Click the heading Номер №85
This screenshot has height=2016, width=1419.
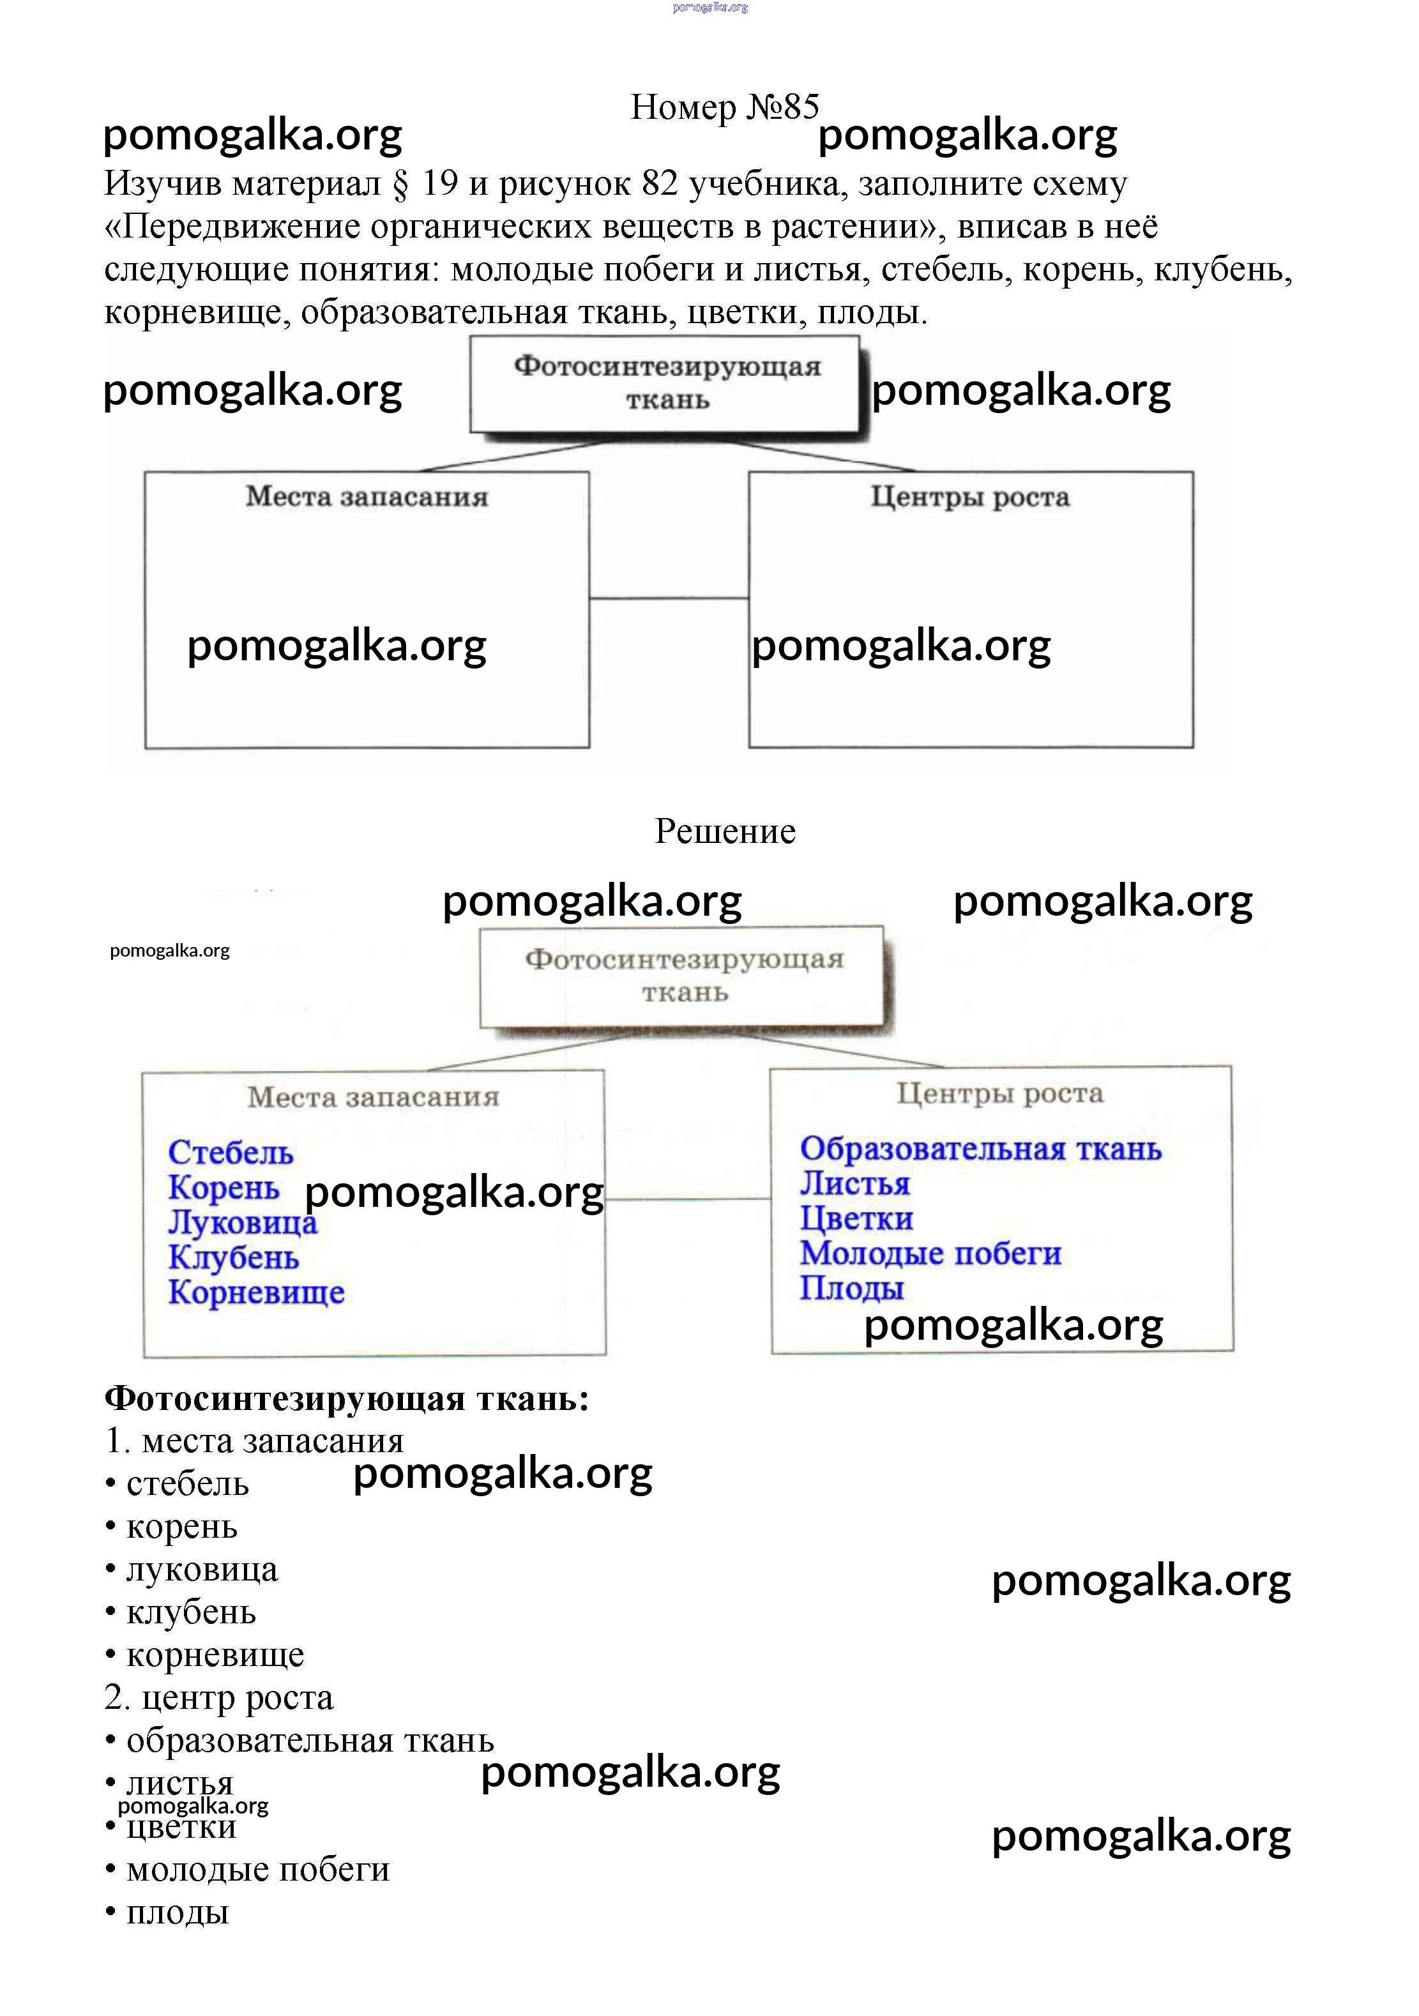coord(724,107)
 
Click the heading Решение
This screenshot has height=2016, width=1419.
coord(724,831)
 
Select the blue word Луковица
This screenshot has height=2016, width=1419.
coord(243,1222)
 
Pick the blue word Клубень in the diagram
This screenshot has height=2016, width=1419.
coord(234,1257)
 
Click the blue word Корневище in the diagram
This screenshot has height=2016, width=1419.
coord(257,1292)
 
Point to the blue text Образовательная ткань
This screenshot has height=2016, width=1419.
coord(980,1148)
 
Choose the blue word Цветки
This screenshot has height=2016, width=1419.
coord(856,1218)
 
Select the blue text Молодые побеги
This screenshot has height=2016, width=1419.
coord(930,1253)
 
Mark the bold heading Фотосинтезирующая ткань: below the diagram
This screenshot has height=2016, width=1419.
coord(346,1398)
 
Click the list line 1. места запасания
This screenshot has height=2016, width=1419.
coord(254,1441)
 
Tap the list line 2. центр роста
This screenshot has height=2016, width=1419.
coord(218,1697)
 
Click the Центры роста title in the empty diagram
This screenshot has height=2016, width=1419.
coord(969,497)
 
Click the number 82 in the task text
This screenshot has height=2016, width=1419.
coord(660,183)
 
